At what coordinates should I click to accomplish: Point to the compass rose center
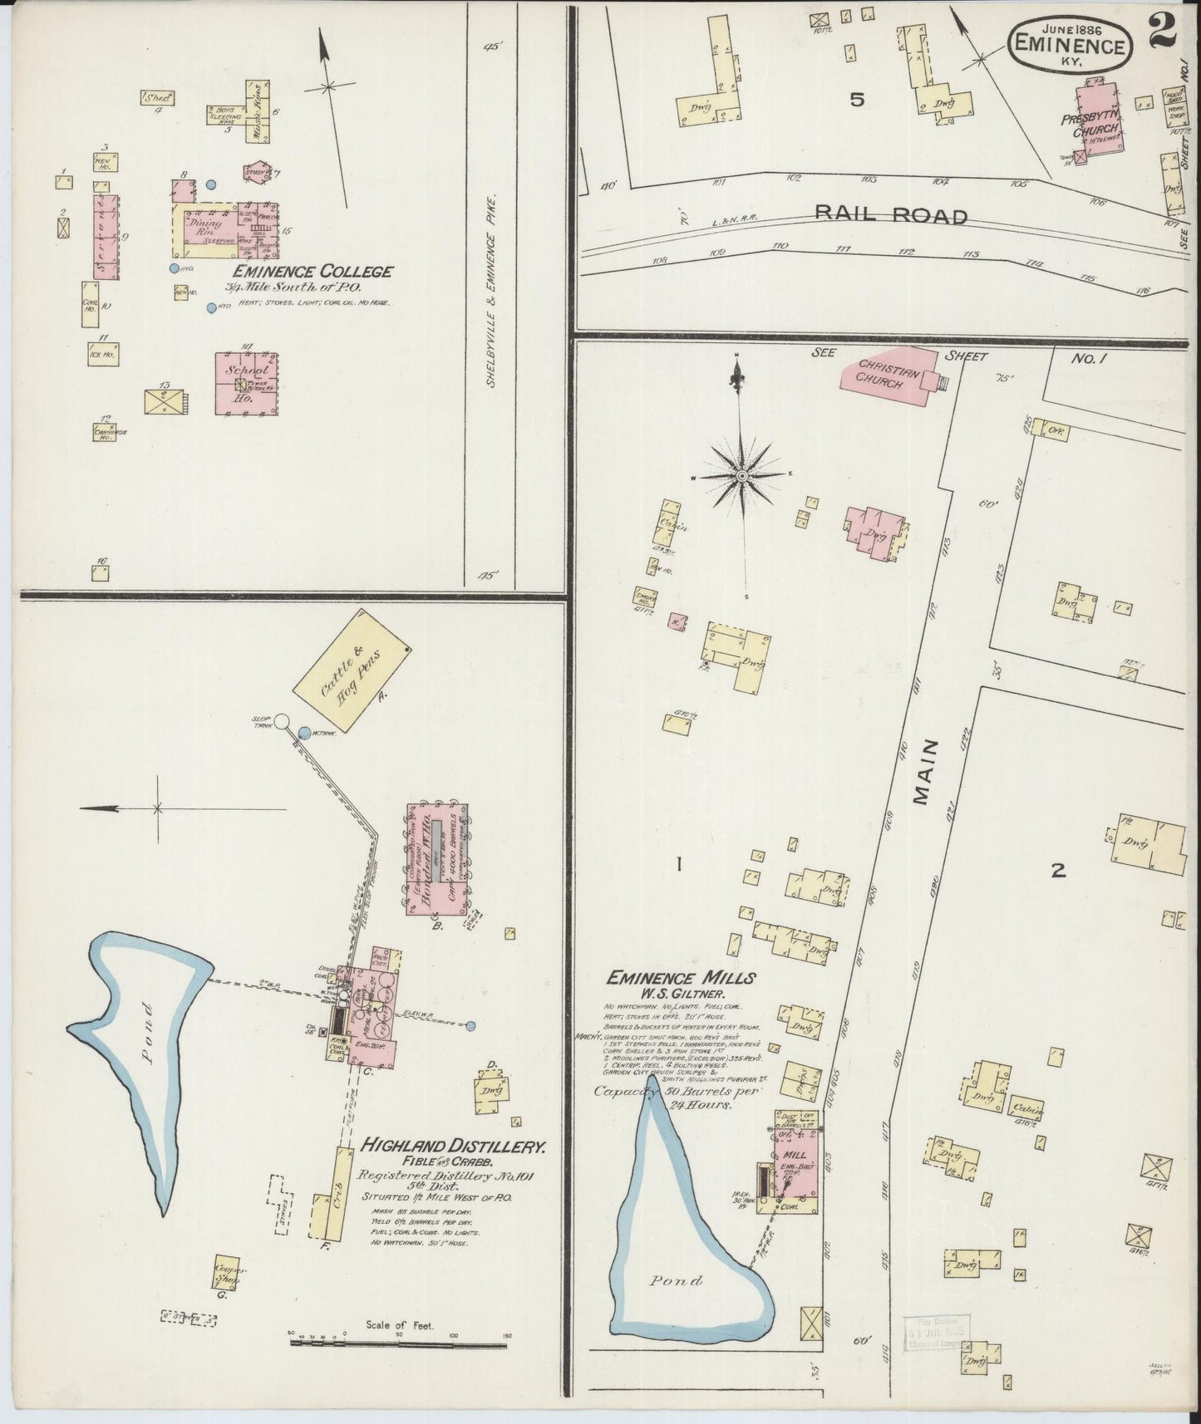(x=741, y=476)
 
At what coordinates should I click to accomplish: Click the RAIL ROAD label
(x=891, y=216)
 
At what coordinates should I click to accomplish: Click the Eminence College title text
(x=313, y=272)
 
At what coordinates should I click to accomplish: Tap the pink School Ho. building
(x=246, y=382)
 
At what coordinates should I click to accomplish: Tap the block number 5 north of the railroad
(x=857, y=101)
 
